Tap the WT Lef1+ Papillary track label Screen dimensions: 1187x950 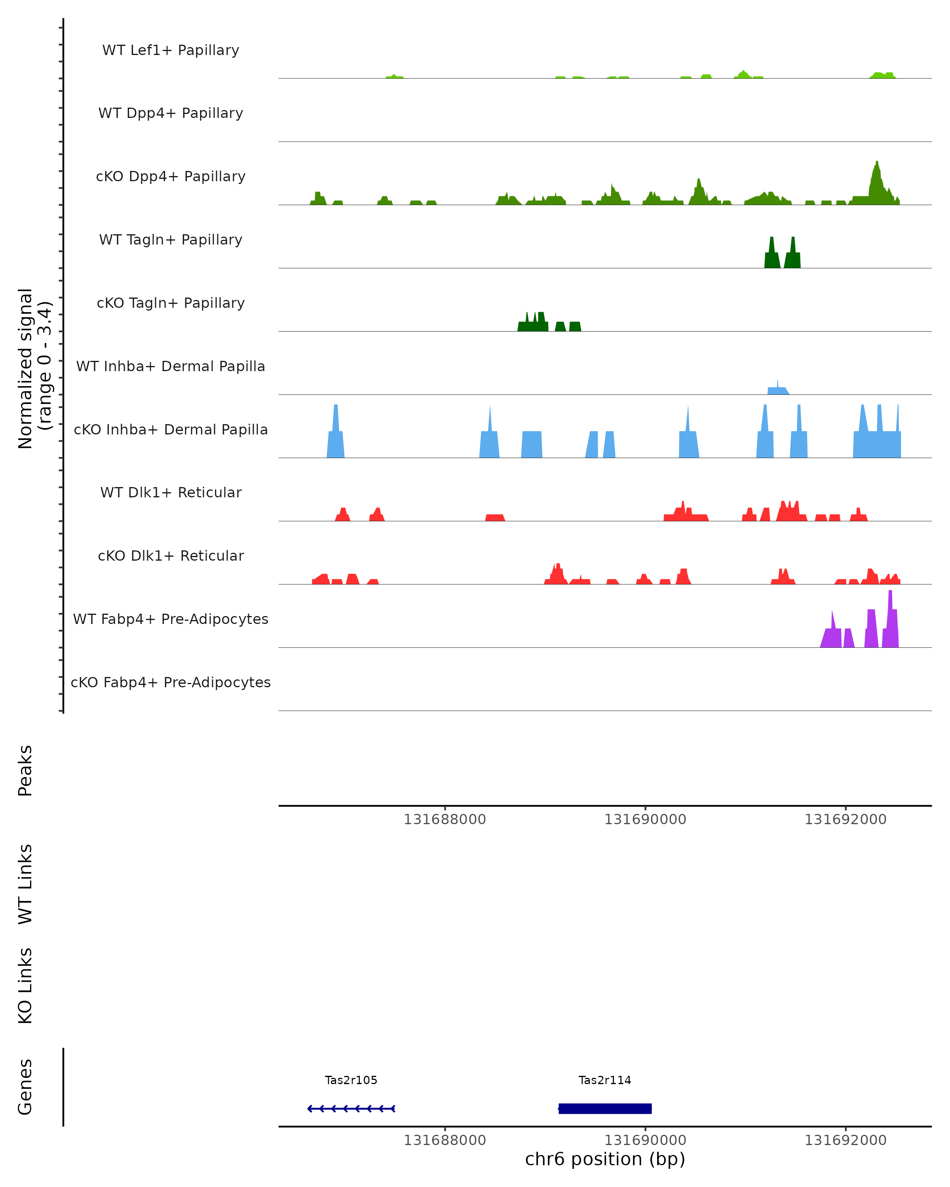click(x=171, y=50)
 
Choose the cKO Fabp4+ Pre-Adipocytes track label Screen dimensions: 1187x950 click(x=171, y=682)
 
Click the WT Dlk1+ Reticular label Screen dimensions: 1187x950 click(x=171, y=492)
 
